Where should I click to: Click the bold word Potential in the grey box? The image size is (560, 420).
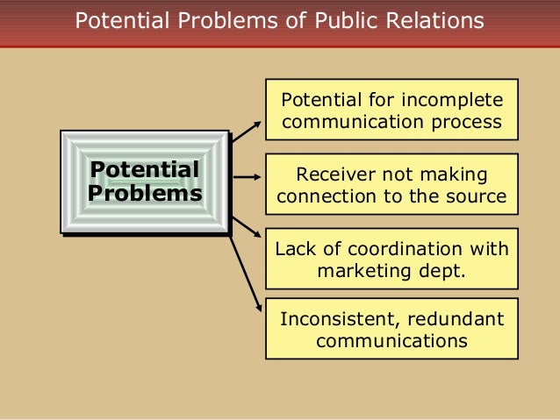click(145, 169)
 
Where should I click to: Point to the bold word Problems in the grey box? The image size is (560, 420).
click(145, 192)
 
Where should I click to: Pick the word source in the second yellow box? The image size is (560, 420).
click(478, 196)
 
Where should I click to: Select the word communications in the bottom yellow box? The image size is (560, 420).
click(391, 341)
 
